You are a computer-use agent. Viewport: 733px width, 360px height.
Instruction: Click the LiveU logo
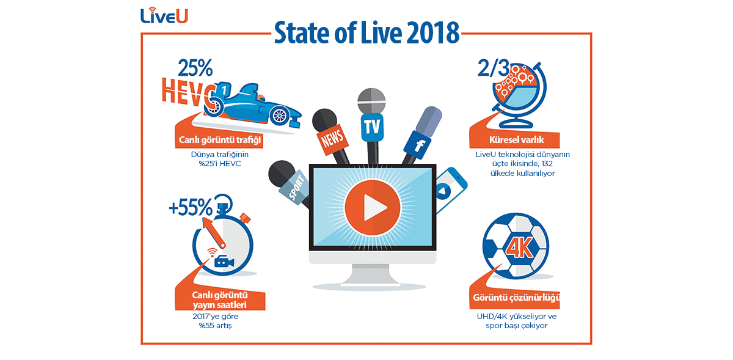point(164,15)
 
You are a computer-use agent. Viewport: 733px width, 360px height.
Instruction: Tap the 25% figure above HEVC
point(195,68)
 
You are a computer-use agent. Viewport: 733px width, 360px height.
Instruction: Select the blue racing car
point(252,105)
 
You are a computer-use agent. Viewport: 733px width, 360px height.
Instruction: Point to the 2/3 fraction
point(494,68)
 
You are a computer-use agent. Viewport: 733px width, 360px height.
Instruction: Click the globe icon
point(519,95)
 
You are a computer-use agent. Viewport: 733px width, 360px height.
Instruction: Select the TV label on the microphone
point(372,127)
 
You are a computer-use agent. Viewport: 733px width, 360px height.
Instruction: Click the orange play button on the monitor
point(373,207)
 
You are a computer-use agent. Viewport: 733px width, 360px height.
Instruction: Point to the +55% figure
point(191,207)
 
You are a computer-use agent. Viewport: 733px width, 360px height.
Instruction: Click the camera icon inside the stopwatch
point(224,262)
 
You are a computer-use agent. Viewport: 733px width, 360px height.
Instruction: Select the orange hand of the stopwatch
point(214,233)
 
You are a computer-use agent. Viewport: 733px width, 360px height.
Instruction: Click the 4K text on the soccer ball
point(519,247)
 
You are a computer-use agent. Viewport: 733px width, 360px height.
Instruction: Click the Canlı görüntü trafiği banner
point(219,140)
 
